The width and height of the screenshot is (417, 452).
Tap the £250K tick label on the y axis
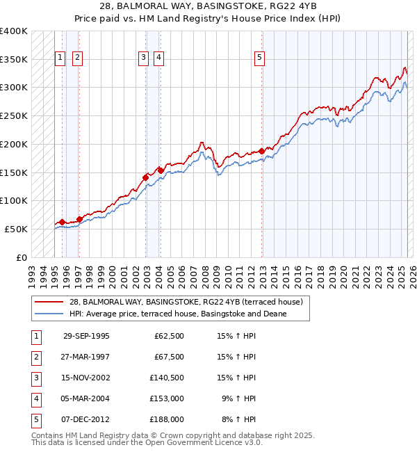pyautogui.click(x=14, y=115)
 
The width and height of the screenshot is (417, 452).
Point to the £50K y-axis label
pyautogui.click(x=16, y=229)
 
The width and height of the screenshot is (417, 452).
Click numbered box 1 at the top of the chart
pyautogui.click(x=60, y=58)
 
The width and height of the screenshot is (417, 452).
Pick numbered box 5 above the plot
pyautogui.click(x=259, y=58)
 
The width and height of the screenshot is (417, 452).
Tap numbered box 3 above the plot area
pyautogui.click(x=143, y=58)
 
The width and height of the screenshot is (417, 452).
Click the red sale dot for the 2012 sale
pyautogui.click(x=261, y=151)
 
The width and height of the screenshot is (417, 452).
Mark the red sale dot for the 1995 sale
pyautogui.click(x=63, y=222)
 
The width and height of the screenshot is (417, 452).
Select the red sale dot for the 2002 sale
pyautogui.click(x=146, y=177)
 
